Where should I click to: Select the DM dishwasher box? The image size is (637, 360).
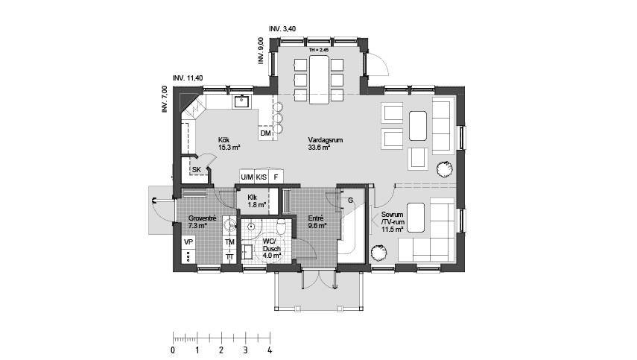tap(266, 133)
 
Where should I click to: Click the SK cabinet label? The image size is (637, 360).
tap(197, 170)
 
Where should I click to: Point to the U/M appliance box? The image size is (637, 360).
tap(247, 177)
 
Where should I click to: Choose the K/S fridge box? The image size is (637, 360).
tap(262, 177)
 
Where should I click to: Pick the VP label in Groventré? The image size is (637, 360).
tap(188, 242)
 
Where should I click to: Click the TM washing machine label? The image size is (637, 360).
tap(230, 242)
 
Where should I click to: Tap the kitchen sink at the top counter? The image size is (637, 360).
tap(242, 101)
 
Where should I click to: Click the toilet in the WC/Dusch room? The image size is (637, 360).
tap(282, 227)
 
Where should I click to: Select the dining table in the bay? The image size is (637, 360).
tap(319, 80)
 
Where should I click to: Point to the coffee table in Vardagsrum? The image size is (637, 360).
tap(418, 125)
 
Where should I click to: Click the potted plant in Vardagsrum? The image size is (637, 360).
tap(445, 168)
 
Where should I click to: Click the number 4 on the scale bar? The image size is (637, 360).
tap(270, 350)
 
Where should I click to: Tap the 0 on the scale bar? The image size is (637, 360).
tap(173, 350)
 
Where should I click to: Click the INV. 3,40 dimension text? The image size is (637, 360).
tap(282, 29)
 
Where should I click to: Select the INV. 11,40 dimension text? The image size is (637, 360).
tap(188, 78)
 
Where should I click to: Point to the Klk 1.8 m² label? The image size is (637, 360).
tap(257, 201)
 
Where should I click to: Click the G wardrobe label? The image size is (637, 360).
tap(350, 200)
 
